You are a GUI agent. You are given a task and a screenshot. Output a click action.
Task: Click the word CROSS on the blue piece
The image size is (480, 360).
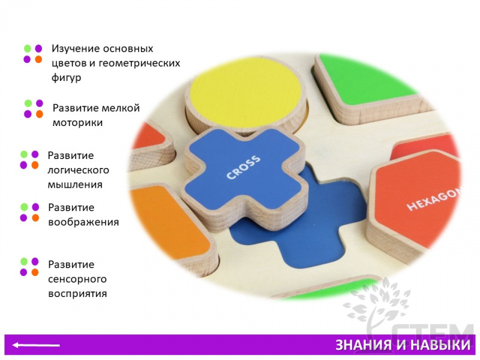(x=244, y=167)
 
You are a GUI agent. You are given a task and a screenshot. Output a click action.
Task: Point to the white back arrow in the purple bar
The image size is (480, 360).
(x=36, y=346)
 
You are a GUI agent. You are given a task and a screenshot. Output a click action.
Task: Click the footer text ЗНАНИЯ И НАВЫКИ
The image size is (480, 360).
(x=403, y=345)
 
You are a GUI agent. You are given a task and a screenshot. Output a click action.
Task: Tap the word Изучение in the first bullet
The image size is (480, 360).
(x=74, y=49)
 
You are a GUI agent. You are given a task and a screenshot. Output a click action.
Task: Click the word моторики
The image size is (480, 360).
(x=78, y=123)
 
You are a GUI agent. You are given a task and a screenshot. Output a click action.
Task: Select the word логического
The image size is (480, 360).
(x=79, y=170)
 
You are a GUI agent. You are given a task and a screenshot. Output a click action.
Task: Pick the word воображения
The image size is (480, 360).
(x=83, y=222)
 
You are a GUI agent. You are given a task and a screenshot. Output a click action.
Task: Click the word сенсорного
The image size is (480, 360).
(x=77, y=279)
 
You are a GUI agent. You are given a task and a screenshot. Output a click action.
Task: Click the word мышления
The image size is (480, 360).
(x=75, y=185)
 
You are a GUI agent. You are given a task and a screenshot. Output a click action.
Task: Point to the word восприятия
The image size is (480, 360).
(x=78, y=294)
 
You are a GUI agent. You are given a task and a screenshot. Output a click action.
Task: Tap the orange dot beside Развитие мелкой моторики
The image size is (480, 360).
(x=40, y=114)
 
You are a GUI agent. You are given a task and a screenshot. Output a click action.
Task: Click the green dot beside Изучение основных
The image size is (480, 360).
(x=28, y=49)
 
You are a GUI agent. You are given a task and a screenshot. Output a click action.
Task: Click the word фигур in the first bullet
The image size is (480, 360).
(x=67, y=78)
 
